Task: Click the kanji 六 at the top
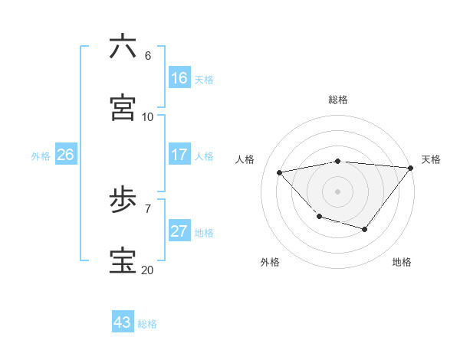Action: click(x=123, y=47)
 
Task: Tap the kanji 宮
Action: click(x=123, y=108)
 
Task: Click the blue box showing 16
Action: click(x=179, y=78)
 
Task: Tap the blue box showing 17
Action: click(x=179, y=155)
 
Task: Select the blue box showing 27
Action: click(x=179, y=231)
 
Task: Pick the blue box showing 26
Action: click(x=65, y=155)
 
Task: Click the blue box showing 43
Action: click(x=122, y=322)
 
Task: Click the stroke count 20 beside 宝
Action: click(x=147, y=270)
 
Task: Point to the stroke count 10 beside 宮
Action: click(x=147, y=116)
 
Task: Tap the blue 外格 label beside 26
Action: click(x=41, y=156)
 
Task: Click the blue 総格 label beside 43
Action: click(x=147, y=324)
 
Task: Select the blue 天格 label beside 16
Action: click(x=204, y=80)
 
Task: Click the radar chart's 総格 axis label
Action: click(x=338, y=100)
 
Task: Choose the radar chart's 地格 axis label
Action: click(x=402, y=262)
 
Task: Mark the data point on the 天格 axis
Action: click(x=411, y=168)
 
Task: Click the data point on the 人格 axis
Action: click(x=280, y=172)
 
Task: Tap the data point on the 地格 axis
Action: click(x=365, y=229)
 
